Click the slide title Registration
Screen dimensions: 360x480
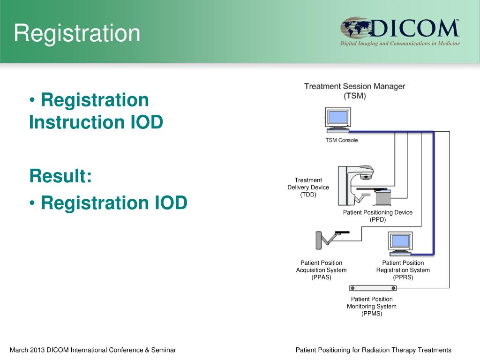click(77, 33)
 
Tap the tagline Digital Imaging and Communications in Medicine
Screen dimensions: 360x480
click(400, 44)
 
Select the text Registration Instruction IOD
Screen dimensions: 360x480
click(96, 111)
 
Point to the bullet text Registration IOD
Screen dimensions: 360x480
click(113, 203)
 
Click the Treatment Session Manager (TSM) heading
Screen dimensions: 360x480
click(354, 91)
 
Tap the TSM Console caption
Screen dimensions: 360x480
click(342, 140)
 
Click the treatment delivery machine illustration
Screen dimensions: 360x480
click(363, 185)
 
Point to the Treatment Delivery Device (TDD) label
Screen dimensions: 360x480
click(308, 187)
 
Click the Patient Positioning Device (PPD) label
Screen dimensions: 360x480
click(377, 216)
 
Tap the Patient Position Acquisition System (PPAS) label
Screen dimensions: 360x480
click(321, 270)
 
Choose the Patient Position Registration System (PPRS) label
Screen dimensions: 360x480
click(403, 270)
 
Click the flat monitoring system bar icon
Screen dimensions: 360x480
click(373, 288)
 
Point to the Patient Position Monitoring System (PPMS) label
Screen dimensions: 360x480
click(372, 306)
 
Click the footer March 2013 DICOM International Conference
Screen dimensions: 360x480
click(93, 350)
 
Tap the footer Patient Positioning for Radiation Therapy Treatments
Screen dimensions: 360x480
click(373, 350)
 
